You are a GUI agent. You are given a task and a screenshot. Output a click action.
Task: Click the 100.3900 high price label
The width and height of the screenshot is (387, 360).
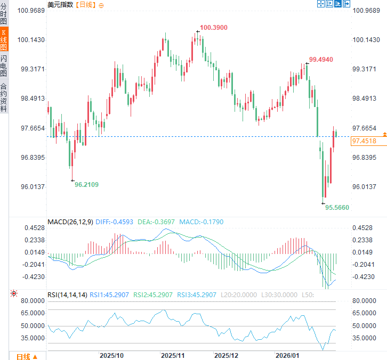(x=214, y=27)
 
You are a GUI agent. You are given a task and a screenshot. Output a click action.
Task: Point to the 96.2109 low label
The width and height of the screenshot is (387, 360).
(x=86, y=184)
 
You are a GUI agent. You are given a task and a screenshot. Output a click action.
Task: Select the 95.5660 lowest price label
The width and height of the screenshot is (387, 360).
(x=337, y=207)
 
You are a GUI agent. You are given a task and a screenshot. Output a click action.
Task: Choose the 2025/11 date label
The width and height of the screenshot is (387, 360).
(x=173, y=355)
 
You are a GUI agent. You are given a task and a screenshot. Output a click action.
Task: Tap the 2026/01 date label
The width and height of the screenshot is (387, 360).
(x=287, y=355)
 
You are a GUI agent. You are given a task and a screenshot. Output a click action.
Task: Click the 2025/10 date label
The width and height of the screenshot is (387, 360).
(x=112, y=355)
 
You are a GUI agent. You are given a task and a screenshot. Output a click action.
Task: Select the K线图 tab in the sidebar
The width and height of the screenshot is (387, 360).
(x=4, y=40)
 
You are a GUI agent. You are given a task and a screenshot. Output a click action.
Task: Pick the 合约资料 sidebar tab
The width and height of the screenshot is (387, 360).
(x=4, y=97)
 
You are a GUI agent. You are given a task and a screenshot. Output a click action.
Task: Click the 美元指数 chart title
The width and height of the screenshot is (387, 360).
(x=60, y=4)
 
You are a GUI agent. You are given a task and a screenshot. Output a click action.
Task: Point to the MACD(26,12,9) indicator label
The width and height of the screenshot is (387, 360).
(x=70, y=222)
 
